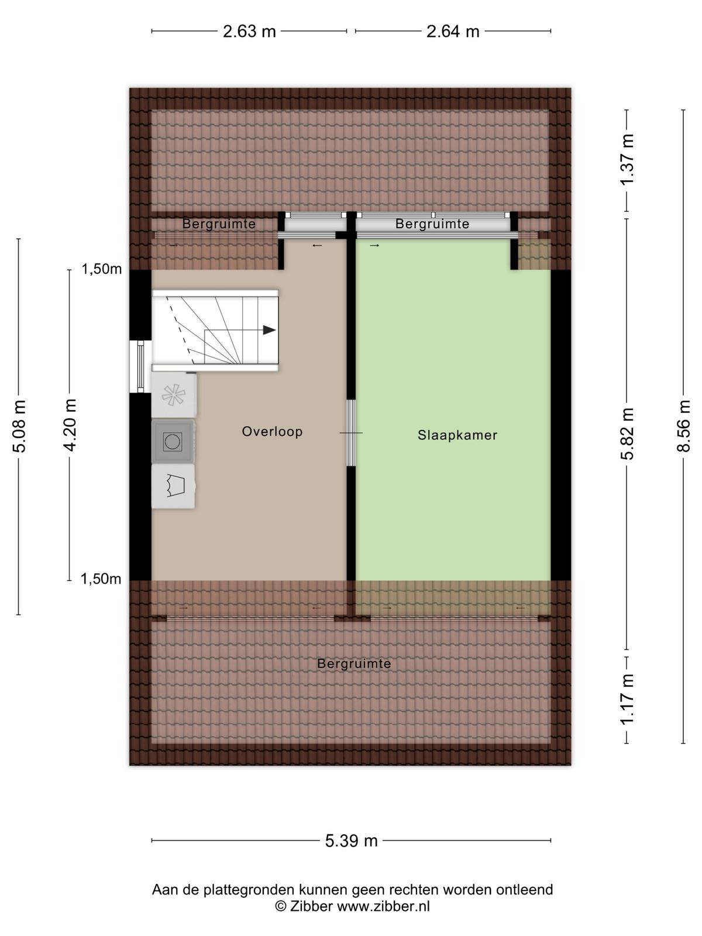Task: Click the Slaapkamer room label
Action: click(457, 435)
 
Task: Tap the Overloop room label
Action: click(273, 431)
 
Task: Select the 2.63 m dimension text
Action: click(249, 32)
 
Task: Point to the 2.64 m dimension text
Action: click(453, 32)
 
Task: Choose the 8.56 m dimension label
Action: click(683, 426)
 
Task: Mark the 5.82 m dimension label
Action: click(627, 433)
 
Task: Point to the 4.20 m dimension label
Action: click(69, 425)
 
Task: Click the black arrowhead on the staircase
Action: click(269, 330)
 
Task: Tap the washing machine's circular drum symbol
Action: click(173, 441)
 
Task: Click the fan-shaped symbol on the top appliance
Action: click(173, 394)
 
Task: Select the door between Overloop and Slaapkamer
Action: click(351, 433)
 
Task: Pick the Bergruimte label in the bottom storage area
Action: click(354, 663)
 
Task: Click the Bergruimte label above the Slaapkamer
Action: click(432, 223)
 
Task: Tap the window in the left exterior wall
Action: click(140, 367)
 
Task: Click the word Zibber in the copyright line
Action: click(311, 906)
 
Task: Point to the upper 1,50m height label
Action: click(102, 270)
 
